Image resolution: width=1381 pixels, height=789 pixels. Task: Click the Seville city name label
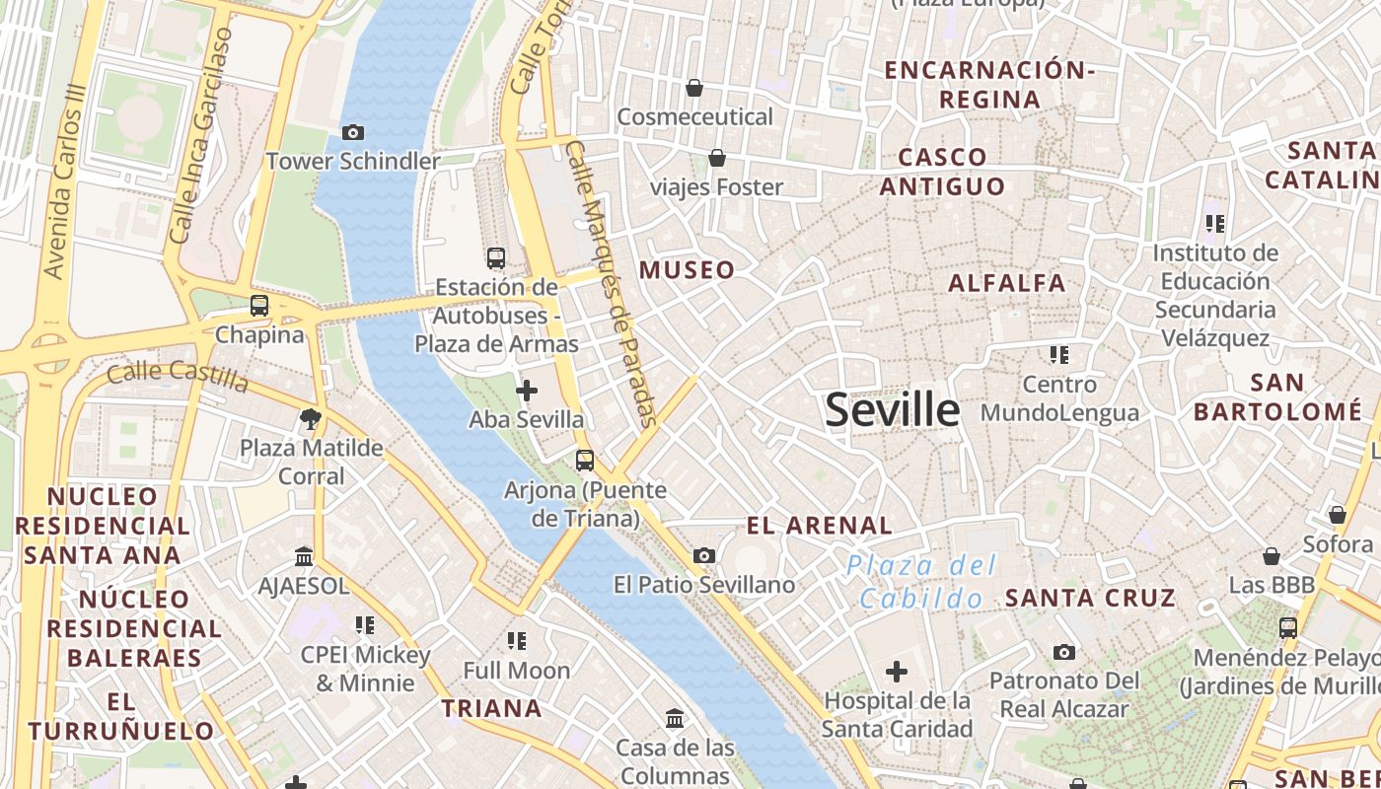[x=892, y=409]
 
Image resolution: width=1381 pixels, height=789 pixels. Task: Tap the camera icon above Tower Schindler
[x=352, y=132]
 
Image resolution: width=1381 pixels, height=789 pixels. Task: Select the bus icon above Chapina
[x=259, y=306]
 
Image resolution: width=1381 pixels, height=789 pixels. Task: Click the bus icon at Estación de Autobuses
[x=496, y=258]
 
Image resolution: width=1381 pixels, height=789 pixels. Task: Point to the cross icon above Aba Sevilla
[x=527, y=391]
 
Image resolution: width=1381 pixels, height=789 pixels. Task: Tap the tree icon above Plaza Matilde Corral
[x=311, y=419]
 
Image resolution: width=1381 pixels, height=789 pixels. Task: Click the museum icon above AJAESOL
[x=304, y=557]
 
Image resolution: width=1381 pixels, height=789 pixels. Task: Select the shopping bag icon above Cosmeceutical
[x=694, y=88]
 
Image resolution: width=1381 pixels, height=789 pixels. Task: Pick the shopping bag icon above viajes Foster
[x=717, y=158]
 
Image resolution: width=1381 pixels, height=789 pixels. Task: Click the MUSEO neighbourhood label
[x=688, y=270]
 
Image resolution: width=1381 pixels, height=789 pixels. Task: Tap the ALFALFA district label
[x=1007, y=284]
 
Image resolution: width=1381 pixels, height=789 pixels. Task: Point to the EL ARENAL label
[x=820, y=526]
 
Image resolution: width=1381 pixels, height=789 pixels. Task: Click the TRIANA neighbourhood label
[x=491, y=708]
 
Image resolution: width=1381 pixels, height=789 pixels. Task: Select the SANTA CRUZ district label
[x=1090, y=598]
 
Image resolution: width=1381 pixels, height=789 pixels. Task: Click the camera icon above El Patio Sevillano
[x=703, y=556]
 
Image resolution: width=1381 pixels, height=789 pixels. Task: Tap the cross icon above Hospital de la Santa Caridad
[x=896, y=673]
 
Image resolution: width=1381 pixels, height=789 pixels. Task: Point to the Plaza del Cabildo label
[x=921, y=582]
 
